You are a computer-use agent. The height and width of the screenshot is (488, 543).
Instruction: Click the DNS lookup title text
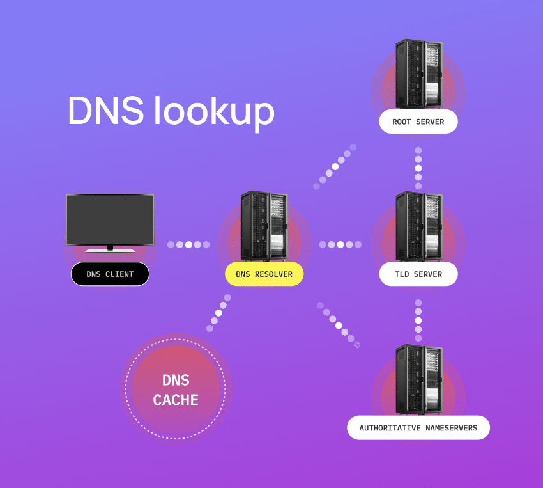tap(171, 112)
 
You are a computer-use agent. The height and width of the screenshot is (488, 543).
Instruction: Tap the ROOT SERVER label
tap(418, 122)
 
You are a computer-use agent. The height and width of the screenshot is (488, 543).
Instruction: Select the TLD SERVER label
tap(418, 274)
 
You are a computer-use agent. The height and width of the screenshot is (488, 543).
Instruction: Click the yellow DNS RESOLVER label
tap(264, 274)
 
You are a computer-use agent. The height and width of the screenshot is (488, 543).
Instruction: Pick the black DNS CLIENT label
tap(110, 274)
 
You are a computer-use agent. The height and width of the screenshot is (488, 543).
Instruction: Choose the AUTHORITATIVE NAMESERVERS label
tap(418, 428)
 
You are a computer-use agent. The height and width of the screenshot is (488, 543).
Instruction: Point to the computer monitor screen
tap(110, 219)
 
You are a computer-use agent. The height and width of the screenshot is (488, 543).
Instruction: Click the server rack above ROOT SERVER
tap(418, 74)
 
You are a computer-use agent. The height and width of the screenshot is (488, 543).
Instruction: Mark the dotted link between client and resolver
tap(188, 244)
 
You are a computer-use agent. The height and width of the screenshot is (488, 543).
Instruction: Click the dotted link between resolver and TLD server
tap(340, 244)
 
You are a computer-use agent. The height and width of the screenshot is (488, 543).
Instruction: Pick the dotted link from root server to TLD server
tap(418, 168)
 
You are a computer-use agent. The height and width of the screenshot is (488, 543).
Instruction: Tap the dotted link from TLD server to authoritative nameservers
tap(418, 320)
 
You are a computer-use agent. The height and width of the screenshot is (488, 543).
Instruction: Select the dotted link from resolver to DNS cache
tap(218, 313)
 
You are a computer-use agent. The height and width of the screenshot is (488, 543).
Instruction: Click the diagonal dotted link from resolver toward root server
tap(335, 166)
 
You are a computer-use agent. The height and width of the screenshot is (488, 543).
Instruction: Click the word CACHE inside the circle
tap(176, 401)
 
